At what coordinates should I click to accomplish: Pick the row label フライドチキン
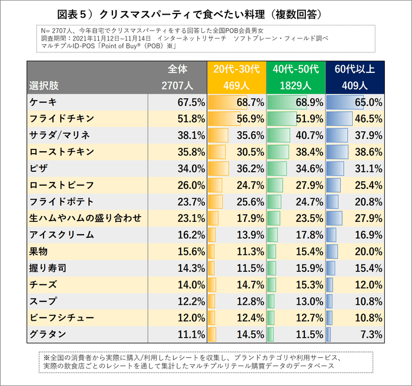click(61, 119)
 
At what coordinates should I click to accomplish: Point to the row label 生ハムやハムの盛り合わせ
click(85, 218)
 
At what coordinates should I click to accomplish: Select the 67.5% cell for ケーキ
click(191, 102)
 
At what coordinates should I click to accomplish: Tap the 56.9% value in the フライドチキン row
click(250, 119)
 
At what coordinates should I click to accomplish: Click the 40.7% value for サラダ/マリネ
click(309, 135)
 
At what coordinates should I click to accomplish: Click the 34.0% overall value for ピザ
click(191, 168)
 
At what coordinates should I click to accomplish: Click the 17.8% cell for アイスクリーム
click(309, 235)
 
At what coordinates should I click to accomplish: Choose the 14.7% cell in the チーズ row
click(250, 285)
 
